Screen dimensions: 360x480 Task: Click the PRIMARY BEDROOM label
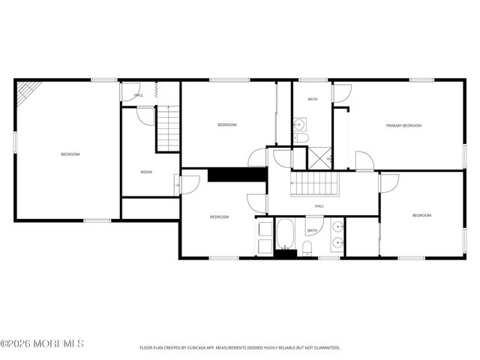pyautogui.click(x=403, y=126)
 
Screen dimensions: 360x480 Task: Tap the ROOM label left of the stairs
pyautogui.click(x=146, y=172)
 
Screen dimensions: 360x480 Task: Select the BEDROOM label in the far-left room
pyautogui.click(x=70, y=154)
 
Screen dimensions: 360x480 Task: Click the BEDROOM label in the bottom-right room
pyautogui.click(x=421, y=215)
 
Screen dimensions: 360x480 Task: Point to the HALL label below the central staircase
pyautogui.click(x=319, y=205)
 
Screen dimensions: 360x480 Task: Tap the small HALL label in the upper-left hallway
pyautogui.click(x=139, y=95)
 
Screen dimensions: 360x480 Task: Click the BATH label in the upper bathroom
pyautogui.click(x=312, y=99)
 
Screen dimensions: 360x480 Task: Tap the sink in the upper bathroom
pyautogui.click(x=299, y=125)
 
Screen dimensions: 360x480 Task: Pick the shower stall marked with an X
pyautogui.click(x=320, y=158)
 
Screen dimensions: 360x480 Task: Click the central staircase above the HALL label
pyautogui.click(x=315, y=182)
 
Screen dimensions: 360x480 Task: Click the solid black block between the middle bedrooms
pyautogui.click(x=237, y=174)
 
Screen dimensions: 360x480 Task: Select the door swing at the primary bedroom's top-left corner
pyautogui.click(x=341, y=93)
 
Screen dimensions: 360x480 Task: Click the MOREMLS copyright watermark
pyautogui.click(x=43, y=343)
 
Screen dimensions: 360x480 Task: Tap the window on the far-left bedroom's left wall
pyautogui.click(x=14, y=142)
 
